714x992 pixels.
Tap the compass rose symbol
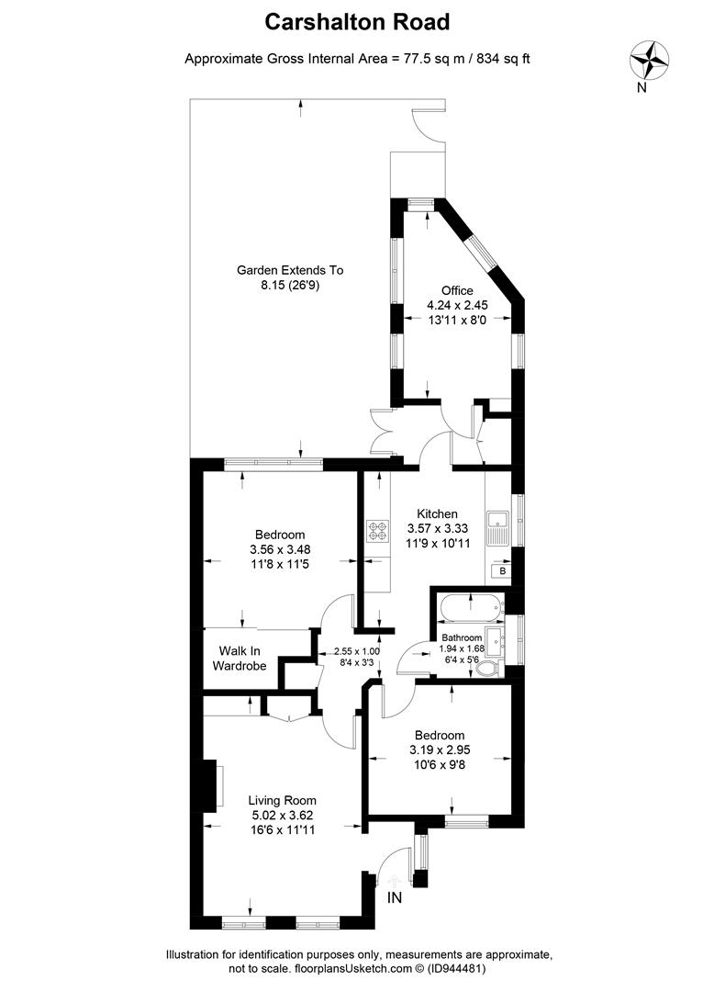coord(650,61)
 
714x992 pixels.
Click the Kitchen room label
coord(438,513)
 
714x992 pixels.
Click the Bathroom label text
coord(462,637)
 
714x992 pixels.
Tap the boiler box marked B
coord(502,570)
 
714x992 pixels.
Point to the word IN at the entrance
coord(396,896)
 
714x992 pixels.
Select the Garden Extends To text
coord(290,270)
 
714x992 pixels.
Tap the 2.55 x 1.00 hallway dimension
coord(356,651)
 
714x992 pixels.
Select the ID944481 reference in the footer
coord(456,968)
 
